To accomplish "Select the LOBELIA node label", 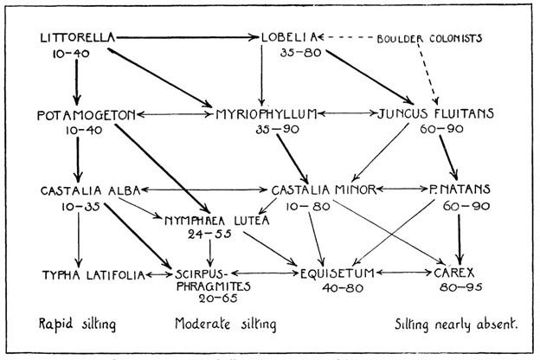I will (286, 38).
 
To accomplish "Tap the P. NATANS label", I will (460, 190).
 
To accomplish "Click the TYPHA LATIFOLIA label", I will (81, 274).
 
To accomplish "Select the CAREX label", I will (447, 273).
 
